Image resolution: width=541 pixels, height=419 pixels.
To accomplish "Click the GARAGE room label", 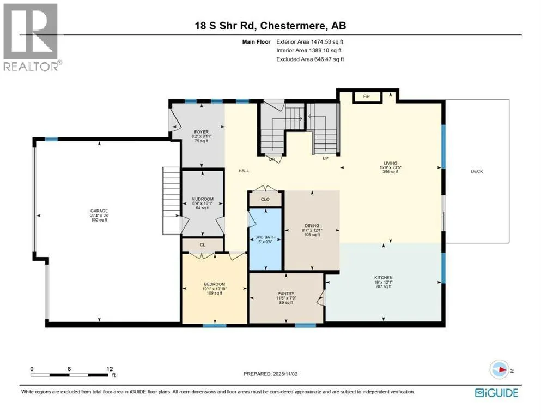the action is (99, 211).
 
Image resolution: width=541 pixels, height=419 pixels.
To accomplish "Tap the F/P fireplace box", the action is (367, 97).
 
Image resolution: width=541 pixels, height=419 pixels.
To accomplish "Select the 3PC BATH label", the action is (265, 237).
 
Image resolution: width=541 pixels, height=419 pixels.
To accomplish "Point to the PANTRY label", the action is (285, 294).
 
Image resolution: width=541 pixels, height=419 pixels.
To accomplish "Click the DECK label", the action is (477, 171).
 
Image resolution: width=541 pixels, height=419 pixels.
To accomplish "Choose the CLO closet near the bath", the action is (265, 199).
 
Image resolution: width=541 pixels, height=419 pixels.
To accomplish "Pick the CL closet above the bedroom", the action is (203, 245).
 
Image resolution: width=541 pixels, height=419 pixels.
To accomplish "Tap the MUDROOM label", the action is (203, 199).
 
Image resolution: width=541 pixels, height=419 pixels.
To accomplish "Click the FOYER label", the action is (202, 132).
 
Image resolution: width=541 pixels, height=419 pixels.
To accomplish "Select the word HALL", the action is (244, 171).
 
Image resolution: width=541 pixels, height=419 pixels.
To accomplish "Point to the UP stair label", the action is (325, 158).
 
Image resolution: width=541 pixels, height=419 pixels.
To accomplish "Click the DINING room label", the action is (312, 225).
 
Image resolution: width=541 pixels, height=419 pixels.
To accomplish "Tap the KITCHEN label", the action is (384, 277).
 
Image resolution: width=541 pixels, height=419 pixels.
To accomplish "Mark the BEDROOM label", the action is (214, 284).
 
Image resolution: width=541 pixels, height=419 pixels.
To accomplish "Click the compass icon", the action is (499, 369).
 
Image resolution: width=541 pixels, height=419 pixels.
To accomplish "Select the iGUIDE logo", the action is (496, 393).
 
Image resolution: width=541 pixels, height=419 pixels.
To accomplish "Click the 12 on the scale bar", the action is (110, 369).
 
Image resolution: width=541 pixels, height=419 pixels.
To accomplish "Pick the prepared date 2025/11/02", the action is (285, 374).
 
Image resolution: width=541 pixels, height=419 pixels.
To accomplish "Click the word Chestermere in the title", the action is (293, 26).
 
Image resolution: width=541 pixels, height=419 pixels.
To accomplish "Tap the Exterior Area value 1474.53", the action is (321, 42).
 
